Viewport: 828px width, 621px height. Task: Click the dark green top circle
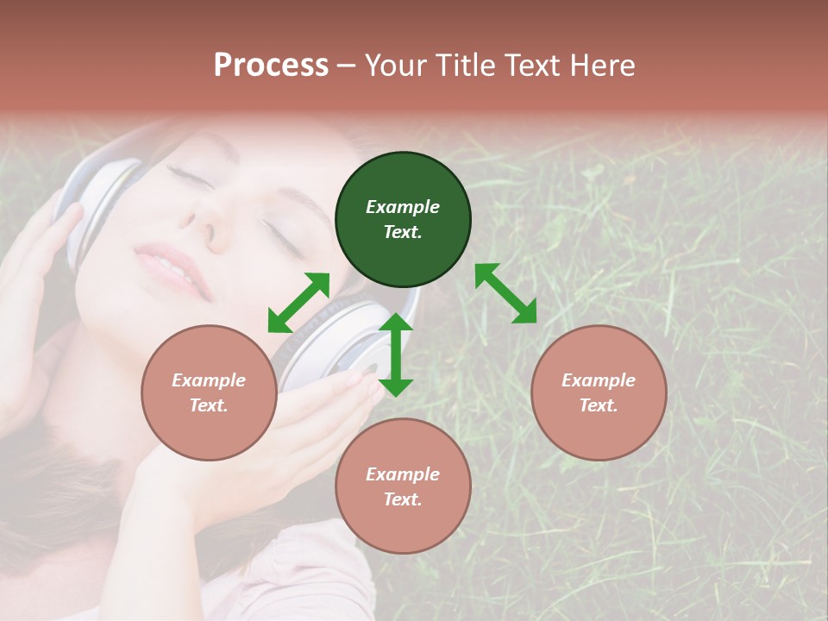(403, 220)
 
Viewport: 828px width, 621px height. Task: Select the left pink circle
(209, 392)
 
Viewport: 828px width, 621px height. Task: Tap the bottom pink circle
(403, 486)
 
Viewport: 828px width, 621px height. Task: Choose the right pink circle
(599, 392)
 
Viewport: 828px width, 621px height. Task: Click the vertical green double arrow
(396, 354)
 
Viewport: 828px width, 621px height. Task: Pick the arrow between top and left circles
(298, 303)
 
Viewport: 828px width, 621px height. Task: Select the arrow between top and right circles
(506, 293)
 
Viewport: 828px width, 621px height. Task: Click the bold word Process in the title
(271, 66)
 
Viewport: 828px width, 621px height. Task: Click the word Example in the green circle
(403, 207)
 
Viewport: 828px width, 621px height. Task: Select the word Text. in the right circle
(599, 405)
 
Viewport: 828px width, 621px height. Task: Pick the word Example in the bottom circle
(403, 474)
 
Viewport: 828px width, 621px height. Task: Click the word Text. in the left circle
(209, 405)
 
